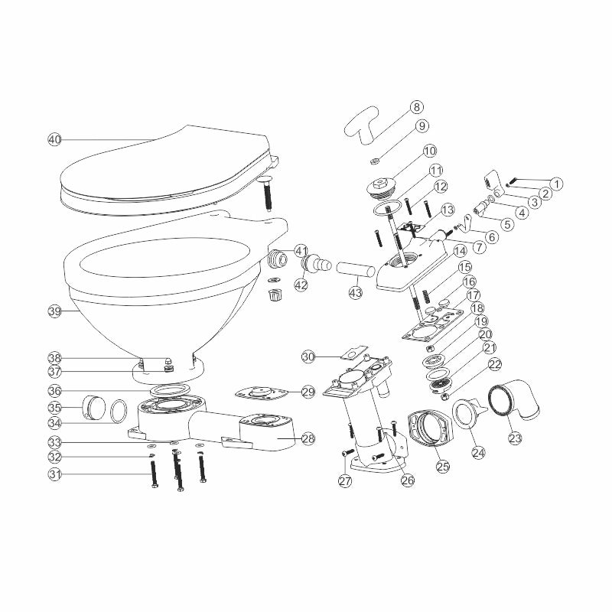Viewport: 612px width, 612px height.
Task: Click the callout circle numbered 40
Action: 54,139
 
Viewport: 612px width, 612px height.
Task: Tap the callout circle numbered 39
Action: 54,311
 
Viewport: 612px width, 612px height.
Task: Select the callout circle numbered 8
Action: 415,107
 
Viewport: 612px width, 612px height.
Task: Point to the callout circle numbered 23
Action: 515,439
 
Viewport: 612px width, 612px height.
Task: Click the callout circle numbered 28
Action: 308,438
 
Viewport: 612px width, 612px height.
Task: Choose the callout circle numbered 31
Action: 54,474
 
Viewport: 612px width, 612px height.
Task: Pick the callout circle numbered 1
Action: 557,184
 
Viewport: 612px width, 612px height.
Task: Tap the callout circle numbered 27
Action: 345,480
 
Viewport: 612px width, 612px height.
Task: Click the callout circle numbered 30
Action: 308,356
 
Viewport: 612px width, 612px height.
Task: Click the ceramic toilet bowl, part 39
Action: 161,298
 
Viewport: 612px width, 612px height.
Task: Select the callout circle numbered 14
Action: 460,249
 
